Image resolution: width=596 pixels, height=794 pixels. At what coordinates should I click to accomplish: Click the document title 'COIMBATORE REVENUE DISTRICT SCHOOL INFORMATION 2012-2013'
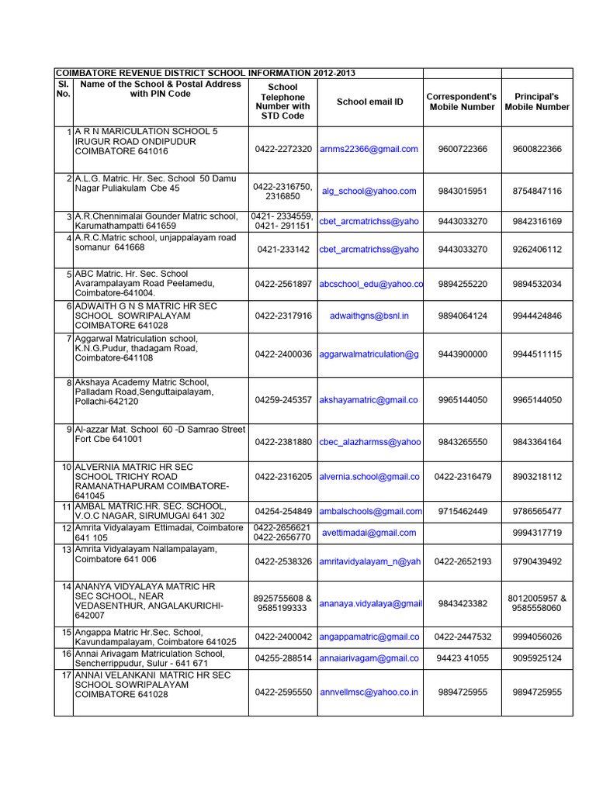(205, 73)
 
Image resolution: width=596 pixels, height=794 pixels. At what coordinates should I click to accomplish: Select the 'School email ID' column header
(370, 102)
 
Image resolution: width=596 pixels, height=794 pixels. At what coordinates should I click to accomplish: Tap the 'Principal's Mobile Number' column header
(537, 102)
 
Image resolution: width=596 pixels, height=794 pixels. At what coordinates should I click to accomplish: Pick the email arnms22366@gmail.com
(369, 149)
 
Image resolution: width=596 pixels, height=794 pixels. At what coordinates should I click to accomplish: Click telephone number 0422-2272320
(282, 149)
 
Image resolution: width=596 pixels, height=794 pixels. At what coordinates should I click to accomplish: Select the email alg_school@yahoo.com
(369, 191)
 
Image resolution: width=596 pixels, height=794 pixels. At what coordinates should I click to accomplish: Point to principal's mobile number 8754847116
(537, 191)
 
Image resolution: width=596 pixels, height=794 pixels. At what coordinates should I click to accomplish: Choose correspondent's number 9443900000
(463, 354)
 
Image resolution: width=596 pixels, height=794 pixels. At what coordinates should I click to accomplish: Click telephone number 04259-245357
(282, 400)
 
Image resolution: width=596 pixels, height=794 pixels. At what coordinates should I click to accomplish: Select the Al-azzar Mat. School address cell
(160, 433)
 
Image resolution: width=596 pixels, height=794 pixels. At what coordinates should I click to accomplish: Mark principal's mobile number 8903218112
(537, 477)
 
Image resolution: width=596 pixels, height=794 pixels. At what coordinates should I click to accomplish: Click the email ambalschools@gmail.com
(370, 511)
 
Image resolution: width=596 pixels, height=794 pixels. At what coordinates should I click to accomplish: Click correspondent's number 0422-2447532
(463, 637)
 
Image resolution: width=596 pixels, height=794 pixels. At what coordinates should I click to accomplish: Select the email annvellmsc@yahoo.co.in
(369, 692)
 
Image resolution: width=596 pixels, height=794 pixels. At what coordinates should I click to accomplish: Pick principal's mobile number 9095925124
(537, 658)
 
